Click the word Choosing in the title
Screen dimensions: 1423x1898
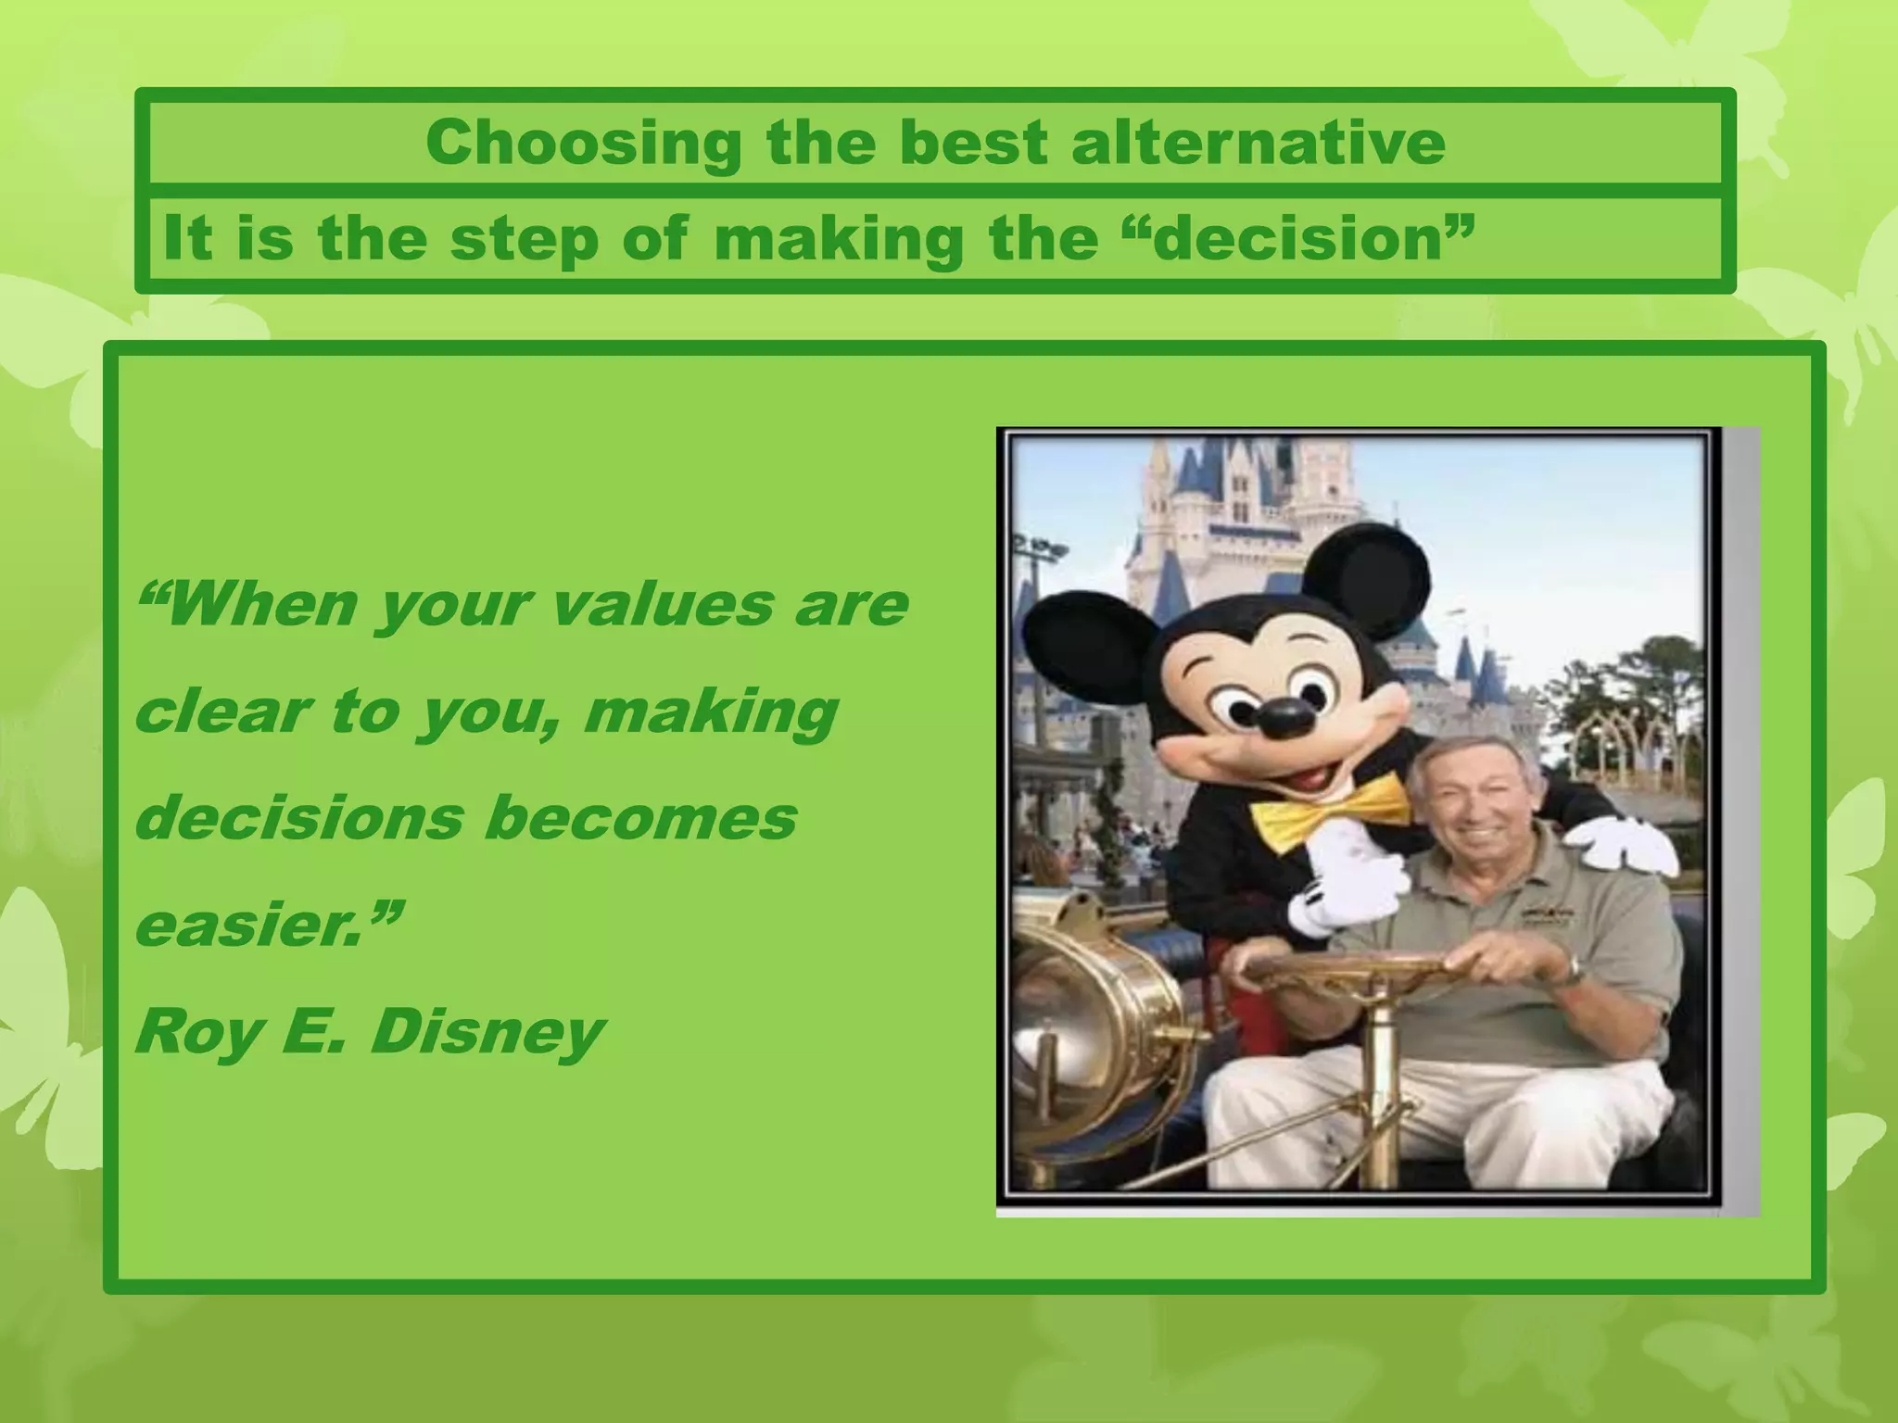[x=584, y=144]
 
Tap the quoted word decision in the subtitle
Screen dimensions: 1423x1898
[x=1303, y=239]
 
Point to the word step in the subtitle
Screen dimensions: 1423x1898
[x=525, y=239]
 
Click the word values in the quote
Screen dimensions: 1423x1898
[x=663, y=605]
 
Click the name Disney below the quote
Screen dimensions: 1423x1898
[x=487, y=1031]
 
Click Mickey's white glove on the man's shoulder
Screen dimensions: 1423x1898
[x=1628, y=847]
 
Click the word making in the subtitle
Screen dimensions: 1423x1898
[x=839, y=239]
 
